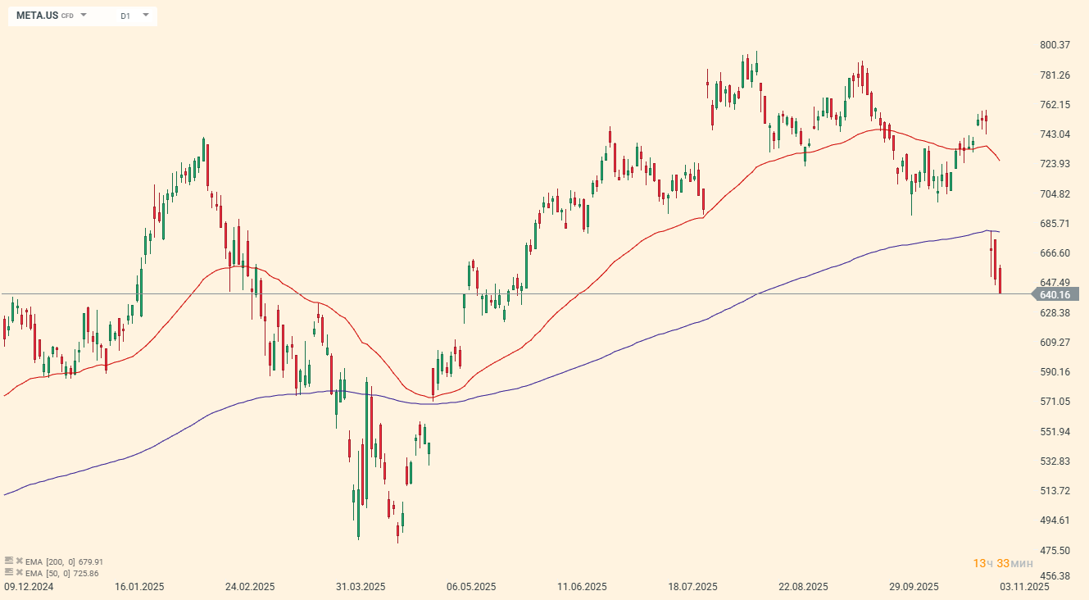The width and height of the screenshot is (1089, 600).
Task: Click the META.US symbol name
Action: coord(37,16)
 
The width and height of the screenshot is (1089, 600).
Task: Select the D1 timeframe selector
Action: coord(125,16)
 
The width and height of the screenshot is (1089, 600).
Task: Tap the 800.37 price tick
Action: coord(1055,45)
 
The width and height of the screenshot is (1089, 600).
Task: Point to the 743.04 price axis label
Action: coord(1055,134)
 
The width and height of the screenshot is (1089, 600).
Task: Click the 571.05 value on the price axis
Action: coord(1055,402)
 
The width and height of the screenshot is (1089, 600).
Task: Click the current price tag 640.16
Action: coord(1055,294)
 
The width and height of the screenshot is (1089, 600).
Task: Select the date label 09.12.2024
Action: coord(29,587)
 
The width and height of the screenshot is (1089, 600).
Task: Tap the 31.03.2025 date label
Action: coord(361,587)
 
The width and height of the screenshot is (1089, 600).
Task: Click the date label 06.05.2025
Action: coord(471,587)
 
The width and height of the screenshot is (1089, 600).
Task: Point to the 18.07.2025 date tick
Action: coord(693,587)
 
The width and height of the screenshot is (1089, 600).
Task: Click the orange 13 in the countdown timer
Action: coord(978,563)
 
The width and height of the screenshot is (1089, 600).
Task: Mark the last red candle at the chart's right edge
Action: coord(1000,280)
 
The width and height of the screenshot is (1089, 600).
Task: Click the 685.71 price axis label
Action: coord(1055,224)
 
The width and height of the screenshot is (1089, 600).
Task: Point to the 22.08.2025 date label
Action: coord(804,587)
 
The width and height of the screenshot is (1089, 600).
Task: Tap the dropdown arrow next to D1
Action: coord(146,15)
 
